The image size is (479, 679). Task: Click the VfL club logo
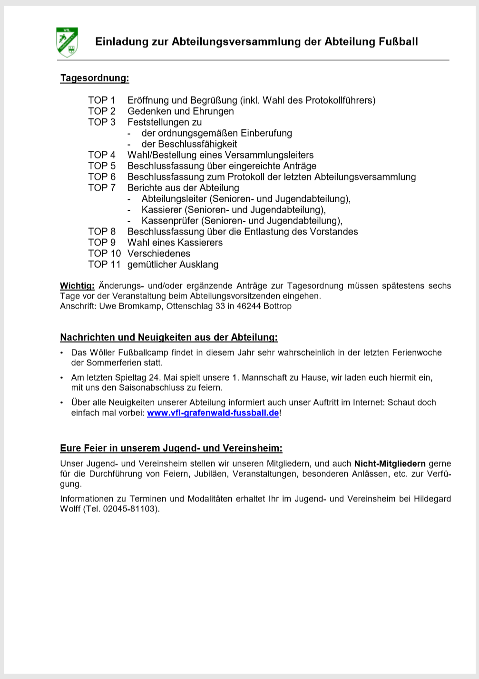67,42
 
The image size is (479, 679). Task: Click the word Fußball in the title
398,42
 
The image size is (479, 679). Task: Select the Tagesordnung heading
94,78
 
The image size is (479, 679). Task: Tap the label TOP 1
101,100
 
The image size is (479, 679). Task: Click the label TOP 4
101,155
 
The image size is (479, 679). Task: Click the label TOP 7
101,188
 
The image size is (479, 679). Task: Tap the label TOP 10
104,254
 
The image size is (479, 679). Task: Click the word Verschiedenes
159,254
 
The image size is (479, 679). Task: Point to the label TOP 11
104,265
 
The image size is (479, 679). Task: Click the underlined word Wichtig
77,286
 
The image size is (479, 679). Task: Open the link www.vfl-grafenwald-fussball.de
213,413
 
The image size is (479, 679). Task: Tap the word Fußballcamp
140,353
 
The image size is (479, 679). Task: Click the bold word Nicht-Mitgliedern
390,464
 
